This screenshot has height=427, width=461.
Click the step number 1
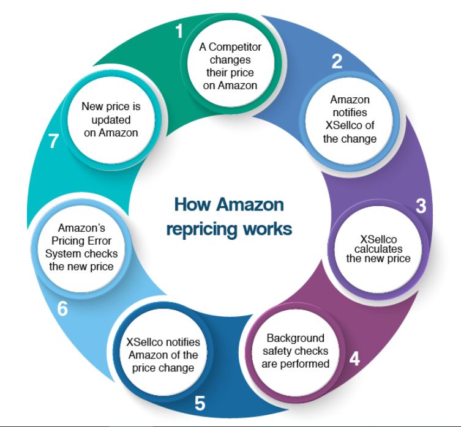179,31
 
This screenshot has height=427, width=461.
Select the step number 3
421,206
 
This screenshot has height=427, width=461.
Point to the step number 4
354,358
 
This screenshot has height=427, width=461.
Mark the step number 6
62,309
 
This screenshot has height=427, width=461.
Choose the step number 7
54,142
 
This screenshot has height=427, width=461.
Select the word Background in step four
296,338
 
